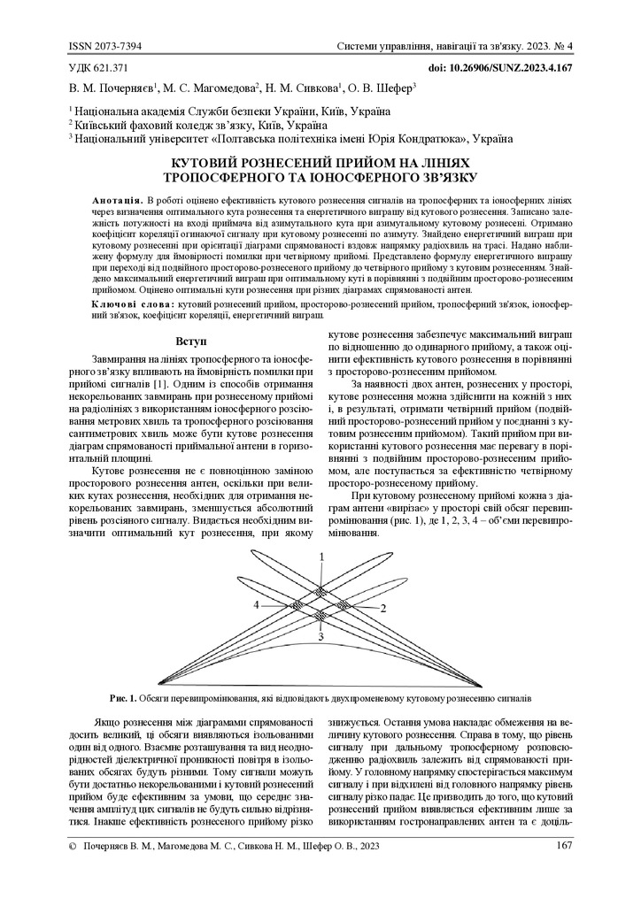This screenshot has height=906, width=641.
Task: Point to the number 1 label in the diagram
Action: pos(322,556)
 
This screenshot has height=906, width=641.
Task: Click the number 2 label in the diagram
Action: pos(383,609)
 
